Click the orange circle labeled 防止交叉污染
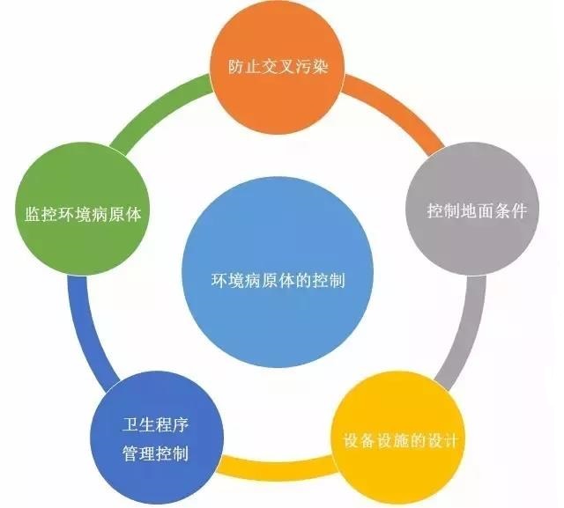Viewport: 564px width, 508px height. pos(277,67)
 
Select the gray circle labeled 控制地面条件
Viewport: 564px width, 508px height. pos(472,209)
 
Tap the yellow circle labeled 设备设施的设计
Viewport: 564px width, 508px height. pos(397,439)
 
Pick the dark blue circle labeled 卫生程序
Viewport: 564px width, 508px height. pos(157,438)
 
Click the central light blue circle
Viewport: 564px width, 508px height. pos(278,272)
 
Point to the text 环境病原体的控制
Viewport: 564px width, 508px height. pos(278,280)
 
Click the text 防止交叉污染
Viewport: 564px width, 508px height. pos(278,66)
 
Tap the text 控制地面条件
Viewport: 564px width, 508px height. pos(477,210)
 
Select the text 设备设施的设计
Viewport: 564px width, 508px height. pos(400,440)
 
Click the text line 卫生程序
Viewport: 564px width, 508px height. pos(155,424)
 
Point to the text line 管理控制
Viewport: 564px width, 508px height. pos(155,453)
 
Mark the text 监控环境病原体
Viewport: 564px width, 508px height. pos(83,214)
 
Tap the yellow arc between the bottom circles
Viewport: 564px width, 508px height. pos(277,468)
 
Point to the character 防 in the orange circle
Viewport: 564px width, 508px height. pos(236,67)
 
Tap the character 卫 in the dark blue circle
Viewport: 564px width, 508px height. pos(130,424)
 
